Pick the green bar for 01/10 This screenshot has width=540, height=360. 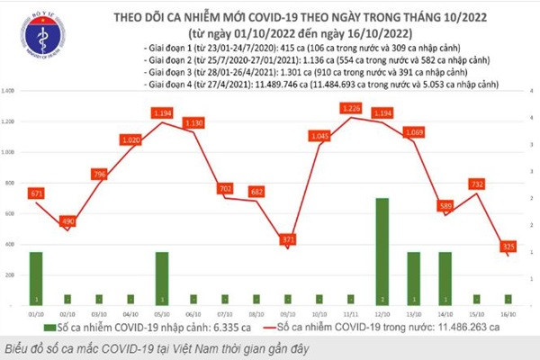click(x=36, y=278)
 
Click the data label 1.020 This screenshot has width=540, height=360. click(x=131, y=140)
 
